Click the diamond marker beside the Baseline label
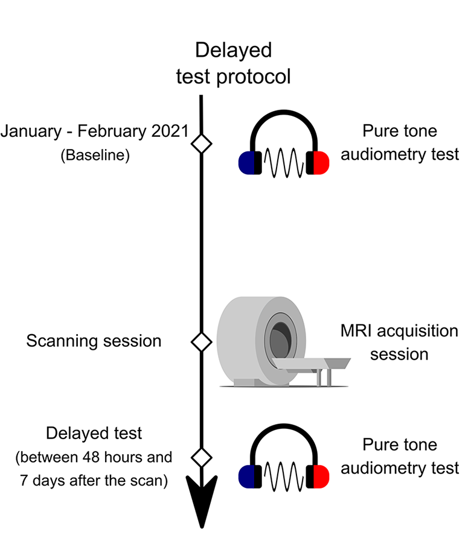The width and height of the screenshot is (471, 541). coord(202,144)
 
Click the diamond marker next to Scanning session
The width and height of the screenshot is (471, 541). coord(202,342)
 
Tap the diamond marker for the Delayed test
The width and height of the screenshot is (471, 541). coord(202,458)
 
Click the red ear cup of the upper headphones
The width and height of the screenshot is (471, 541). coord(321,162)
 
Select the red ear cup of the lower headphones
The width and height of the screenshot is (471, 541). coord(321,476)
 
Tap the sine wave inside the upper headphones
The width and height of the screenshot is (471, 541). coord(284,163)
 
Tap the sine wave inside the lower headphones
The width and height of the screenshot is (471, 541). coord(284,477)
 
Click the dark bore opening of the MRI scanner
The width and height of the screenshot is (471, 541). coord(281,341)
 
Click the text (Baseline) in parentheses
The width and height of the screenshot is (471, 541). coord(95,155)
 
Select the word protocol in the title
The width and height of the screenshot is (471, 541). coord(253,77)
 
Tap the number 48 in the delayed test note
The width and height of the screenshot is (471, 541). coord(91,458)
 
